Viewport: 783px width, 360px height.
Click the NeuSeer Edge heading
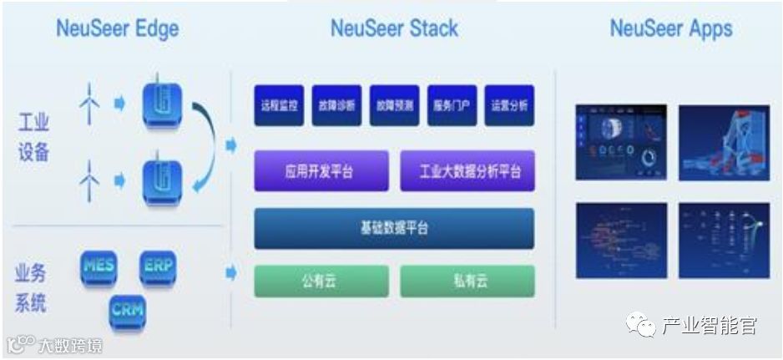[117, 28]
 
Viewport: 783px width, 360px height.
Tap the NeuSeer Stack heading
[394, 28]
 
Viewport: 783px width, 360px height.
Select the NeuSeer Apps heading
[670, 28]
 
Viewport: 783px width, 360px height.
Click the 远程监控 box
[279, 106]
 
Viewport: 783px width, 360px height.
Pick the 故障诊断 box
[336, 106]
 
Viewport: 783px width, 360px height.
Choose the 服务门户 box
[452, 106]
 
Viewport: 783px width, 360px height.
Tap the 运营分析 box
[509, 106]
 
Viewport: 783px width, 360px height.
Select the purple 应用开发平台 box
[321, 172]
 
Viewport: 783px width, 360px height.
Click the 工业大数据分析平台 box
[467, 172]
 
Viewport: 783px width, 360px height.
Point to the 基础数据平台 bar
[394, 228]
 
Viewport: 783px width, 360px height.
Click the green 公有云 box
[321, 281]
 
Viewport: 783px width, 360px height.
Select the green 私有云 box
[467, 281]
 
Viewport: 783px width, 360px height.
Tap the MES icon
[99, 267]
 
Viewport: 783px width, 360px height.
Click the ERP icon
[159, 267]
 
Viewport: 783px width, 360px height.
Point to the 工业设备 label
[33, 137]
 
